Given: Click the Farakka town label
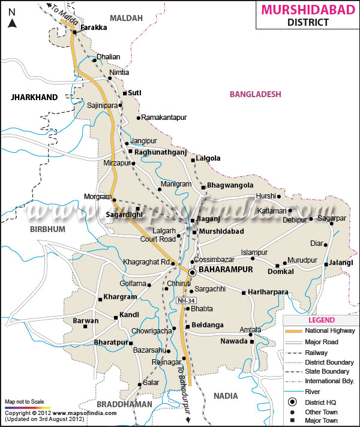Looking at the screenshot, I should (x=92, y=28).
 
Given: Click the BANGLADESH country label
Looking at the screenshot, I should (x=255, y=94).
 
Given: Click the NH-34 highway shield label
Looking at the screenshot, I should (x=185, y=300).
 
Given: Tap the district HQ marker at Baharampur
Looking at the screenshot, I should (x=192, y=272).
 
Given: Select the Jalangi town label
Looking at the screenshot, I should (x=341, y=263).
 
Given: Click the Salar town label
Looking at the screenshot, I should (x=151, y=383).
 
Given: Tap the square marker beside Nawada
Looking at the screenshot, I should (x=252, y=342).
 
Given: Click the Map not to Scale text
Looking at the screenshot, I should (x=23, y=401).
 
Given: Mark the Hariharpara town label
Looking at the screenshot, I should (x=268, y=292).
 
